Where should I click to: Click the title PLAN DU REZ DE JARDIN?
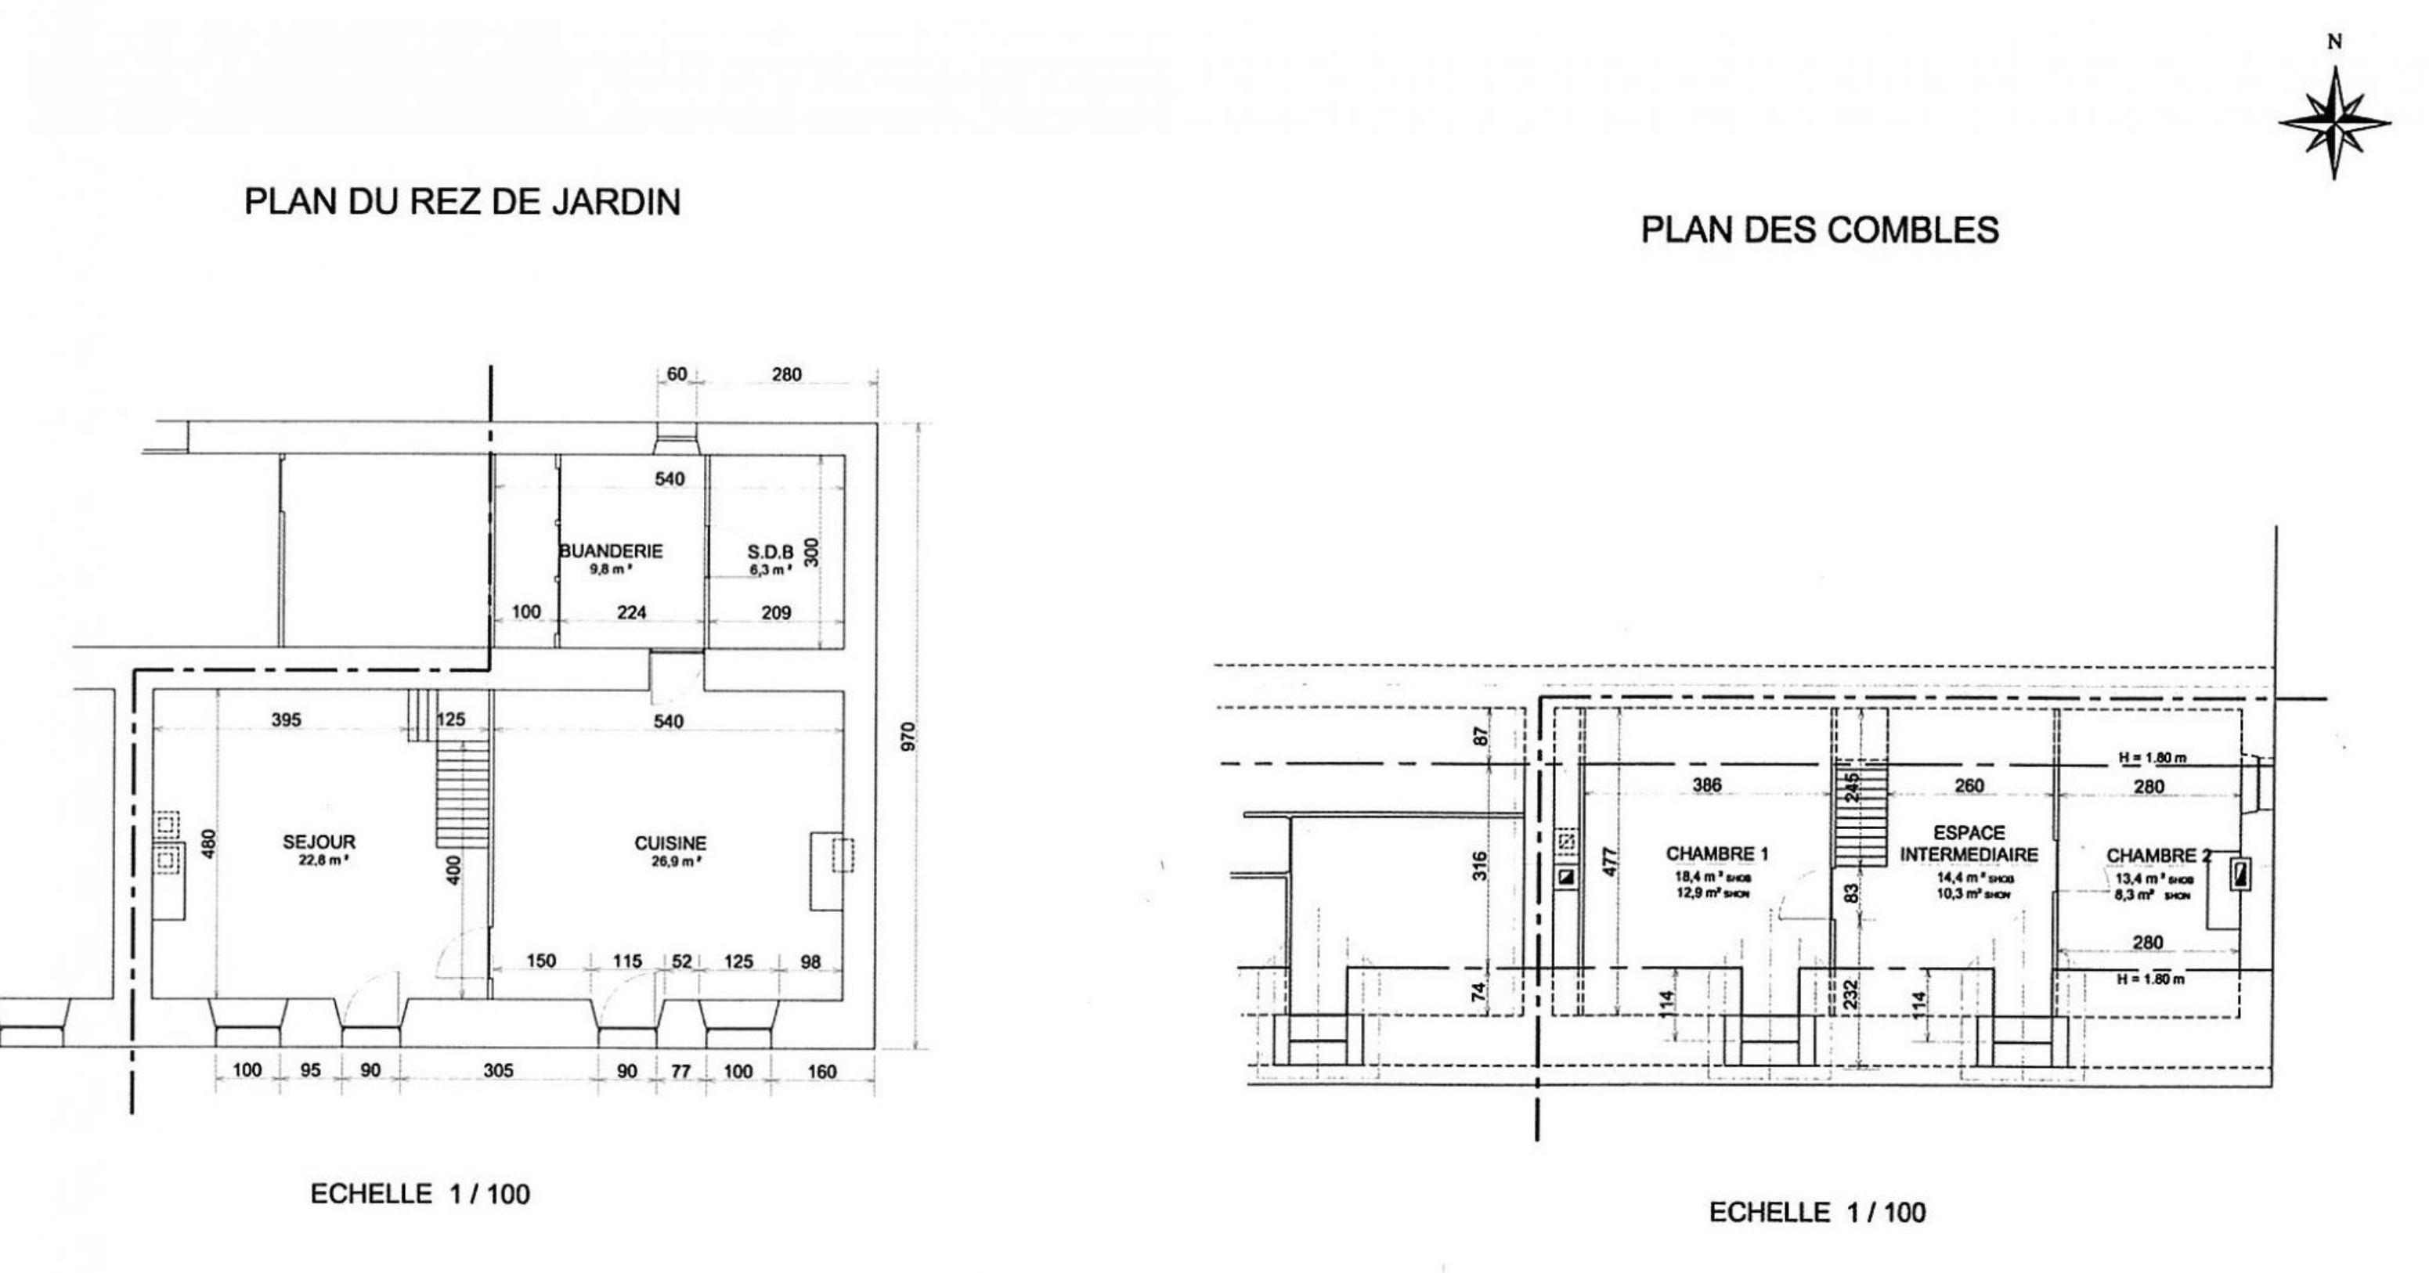point(462,202)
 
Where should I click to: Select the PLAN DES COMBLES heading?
point(1820,230)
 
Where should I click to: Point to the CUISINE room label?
point(670,844)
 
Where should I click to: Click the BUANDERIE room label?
point(611,550)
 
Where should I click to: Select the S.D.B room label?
point(771,553)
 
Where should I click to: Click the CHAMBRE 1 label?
point(1717,854)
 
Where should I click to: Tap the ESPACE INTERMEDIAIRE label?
point(1969,844)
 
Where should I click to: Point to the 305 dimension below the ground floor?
point(498,1070)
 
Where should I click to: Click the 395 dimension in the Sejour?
point(286,720)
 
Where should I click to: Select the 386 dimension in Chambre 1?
point(1707,784)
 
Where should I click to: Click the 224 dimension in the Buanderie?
point(631,613)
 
